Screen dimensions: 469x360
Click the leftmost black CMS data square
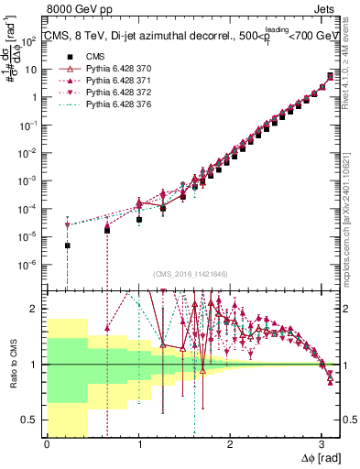pos(67,245)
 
